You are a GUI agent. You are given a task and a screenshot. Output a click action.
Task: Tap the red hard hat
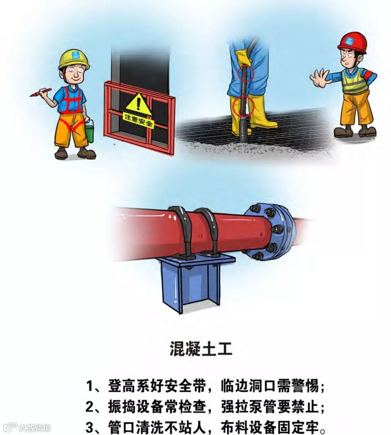coord(352,43)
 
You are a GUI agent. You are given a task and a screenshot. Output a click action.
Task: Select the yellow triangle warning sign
coord(139,105)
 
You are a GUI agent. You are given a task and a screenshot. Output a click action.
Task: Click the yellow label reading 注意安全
coord(139,120)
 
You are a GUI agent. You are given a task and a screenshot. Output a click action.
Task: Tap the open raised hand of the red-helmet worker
coord(320,78)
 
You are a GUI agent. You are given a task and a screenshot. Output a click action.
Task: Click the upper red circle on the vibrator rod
coord(246,74)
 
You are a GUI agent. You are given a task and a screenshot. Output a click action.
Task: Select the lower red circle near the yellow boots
coord(243,106)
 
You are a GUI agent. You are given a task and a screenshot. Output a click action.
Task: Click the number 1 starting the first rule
coord(89,386)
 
